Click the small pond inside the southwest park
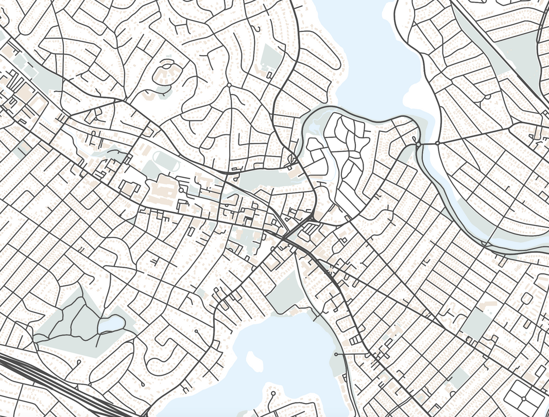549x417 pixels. (111, 324)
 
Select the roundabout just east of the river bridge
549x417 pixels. (437, 143)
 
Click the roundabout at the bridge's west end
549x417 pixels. (418, 145)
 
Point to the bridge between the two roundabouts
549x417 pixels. (427, 144)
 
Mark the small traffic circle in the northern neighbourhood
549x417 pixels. (229, 85)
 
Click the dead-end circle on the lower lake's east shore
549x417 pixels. (336, 355)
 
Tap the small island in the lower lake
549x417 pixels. (253, 360)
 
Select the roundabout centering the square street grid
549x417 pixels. (523, 398)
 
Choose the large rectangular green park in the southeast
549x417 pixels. (476, 324)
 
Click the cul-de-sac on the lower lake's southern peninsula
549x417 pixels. (272, 393)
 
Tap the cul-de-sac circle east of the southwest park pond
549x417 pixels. (197, 331)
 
